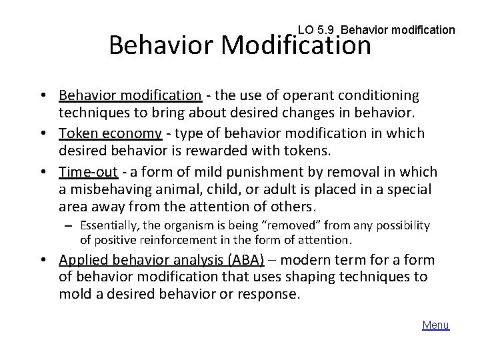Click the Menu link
pos(436,325)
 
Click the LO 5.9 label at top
pos(315,30)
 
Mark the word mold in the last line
pos(73,294)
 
